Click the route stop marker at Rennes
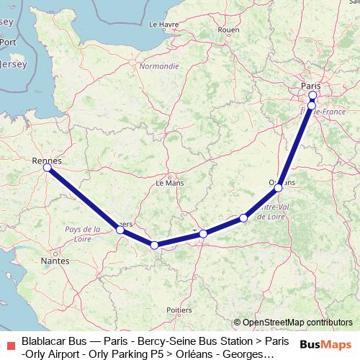pyautogui.click(x=47, y=167)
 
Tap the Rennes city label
pyautogui.click(x=47, y=161)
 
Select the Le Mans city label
pyautogui.click(x=170, y=184)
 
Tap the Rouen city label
pyautogui.click(x=228, y=30)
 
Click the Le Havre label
pyautogui.click(x=163, y=24)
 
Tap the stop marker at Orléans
pyautogui.click(x=279, y=187)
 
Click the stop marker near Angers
pyautogui.click(x=120, y=230)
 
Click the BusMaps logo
pyautogui.click(x=325, y=344)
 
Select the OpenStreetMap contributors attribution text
pyautogui.click(x=297, y=322)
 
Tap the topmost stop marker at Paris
pyautogui.click(x=312, y=95)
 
